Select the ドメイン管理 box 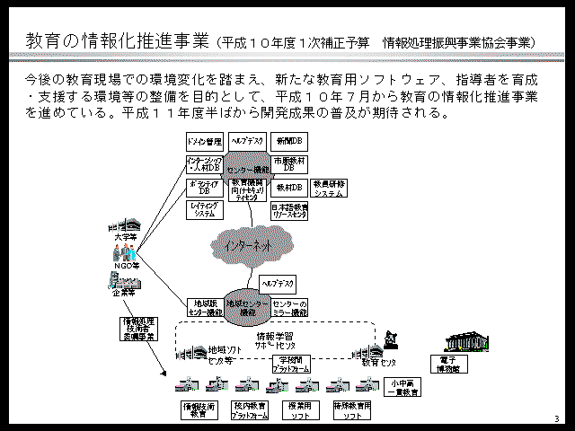click(204, 142)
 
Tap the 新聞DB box click(289, 142)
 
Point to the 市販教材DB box click(289, 163)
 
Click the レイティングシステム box click(204, 209)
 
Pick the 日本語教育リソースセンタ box click(289, 209)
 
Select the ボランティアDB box click(204, 187)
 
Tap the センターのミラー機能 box click(290, 308)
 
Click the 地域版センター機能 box click(204, 308)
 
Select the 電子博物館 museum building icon click(466, 345)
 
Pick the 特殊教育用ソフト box click(351, 410)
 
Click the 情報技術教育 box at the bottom click(199, 410)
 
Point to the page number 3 click(556, 419)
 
